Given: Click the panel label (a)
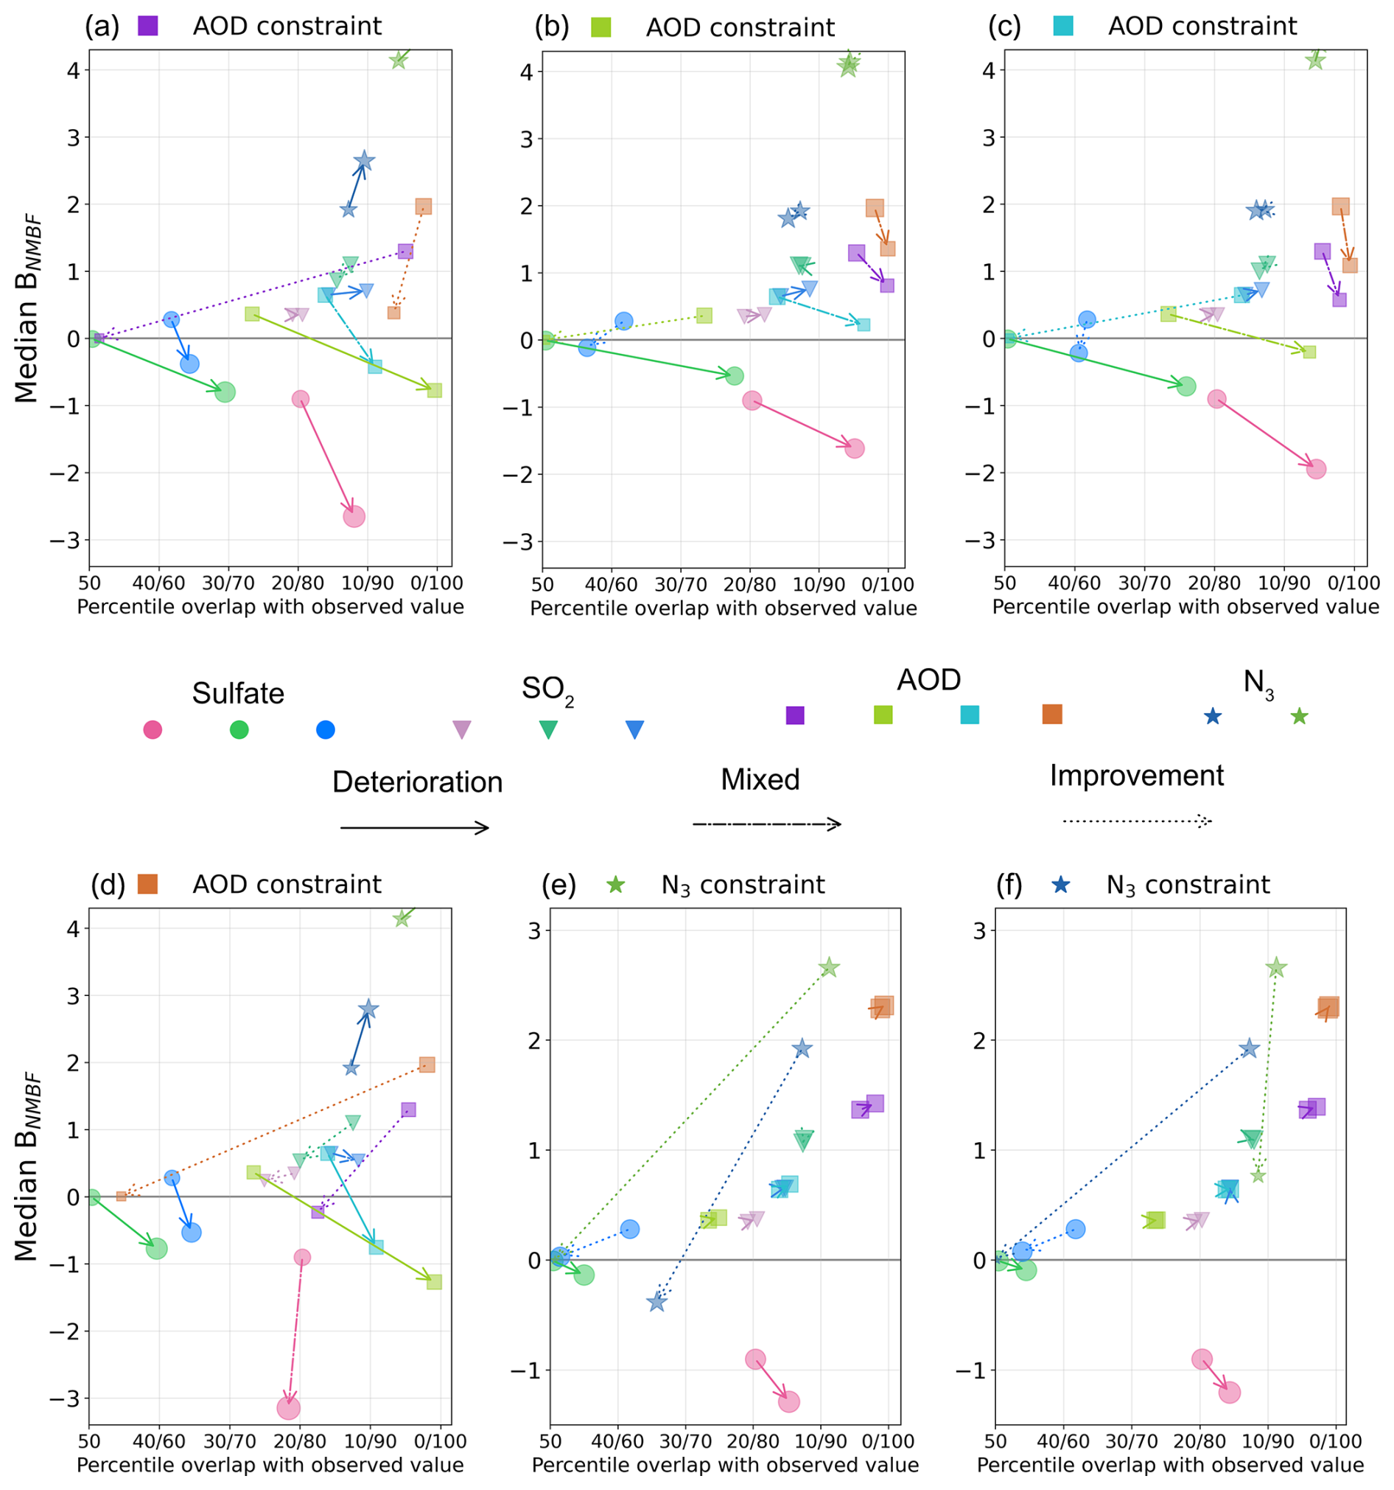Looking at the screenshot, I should tap(102, 27).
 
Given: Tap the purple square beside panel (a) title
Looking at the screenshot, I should tap(148, 26).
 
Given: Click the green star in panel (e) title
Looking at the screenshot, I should tap(616, 885).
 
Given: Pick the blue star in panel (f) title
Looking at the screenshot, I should tap(1061, 885).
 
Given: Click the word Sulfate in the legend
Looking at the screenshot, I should tap(238, 693).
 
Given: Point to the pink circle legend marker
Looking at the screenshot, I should tap(153, 729).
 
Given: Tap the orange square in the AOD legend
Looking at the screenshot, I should tap(1051, 714).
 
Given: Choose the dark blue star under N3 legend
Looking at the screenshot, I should tap(1213, 717).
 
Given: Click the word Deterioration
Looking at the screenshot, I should tap(417, 781).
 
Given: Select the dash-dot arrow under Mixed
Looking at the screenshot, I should tap(766, 824).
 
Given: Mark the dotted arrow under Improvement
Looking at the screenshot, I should tap(1136, 821).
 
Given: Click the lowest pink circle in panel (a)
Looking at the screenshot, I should tap(354, 516).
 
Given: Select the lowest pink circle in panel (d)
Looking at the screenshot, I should tap(288, 1407).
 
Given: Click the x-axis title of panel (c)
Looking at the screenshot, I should tap(1185, 606).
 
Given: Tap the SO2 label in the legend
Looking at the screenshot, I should tap(547, 689).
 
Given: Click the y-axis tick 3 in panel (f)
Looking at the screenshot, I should tap(978, 930).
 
